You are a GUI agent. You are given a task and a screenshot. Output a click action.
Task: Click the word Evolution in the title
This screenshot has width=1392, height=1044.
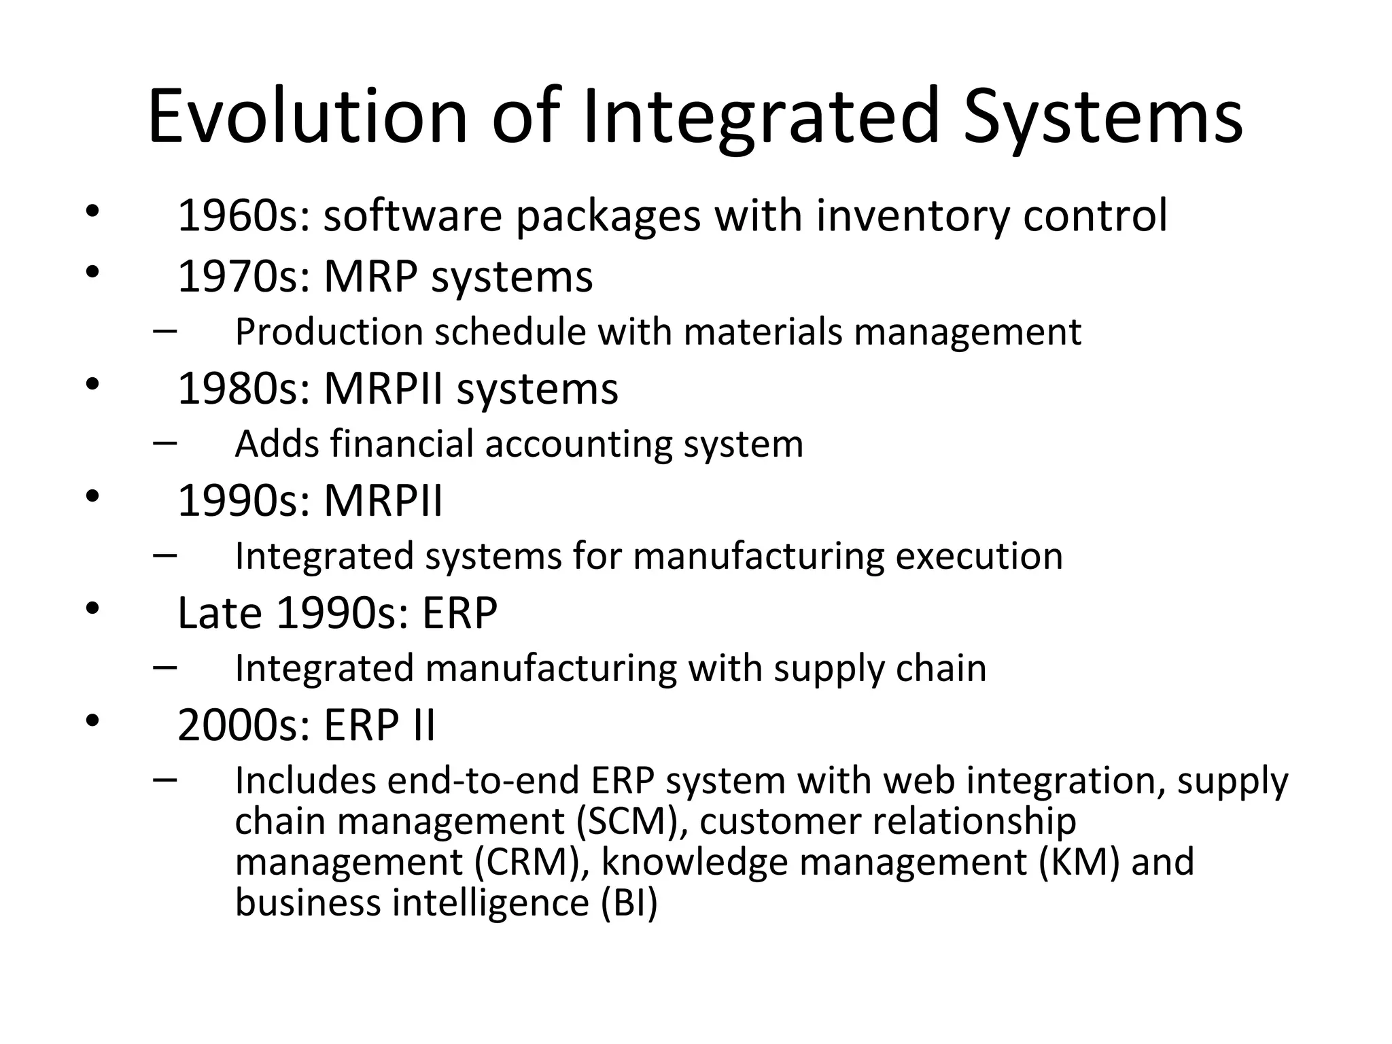point(307,117)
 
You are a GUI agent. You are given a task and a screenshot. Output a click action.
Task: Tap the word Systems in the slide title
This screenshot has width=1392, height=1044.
point(1102,117)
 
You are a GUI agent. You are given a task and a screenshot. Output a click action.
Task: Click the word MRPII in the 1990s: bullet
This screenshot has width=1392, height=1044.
point(383,501)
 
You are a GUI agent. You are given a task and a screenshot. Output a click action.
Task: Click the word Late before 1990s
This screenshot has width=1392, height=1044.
point(220,613)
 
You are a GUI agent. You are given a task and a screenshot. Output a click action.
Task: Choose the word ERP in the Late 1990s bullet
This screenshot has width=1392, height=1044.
point(459,613)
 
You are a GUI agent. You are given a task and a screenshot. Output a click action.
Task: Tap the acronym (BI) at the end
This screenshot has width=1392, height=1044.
point(629,903)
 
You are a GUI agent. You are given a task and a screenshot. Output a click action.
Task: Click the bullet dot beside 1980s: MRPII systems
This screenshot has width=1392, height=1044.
point(92,385)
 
